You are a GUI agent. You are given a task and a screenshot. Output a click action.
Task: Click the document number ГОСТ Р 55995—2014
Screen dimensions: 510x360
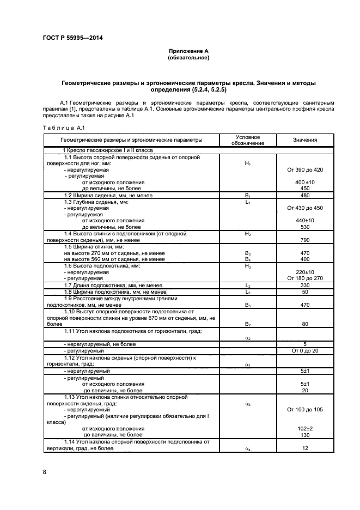(72, 38)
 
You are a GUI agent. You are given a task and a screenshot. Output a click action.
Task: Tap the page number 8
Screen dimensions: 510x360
(44, 471)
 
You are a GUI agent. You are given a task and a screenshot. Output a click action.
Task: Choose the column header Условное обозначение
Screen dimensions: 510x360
(247, 140)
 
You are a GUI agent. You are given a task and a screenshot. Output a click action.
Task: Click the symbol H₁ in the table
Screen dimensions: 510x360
(247, 163)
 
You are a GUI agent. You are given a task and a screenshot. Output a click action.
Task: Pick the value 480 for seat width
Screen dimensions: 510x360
(304, 195)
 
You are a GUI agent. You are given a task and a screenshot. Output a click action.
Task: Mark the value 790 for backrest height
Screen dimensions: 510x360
(304, 240)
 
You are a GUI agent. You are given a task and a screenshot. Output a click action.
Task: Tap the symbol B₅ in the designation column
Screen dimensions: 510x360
(247, 305)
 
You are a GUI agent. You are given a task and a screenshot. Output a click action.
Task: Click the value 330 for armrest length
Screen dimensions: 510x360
(304, 286)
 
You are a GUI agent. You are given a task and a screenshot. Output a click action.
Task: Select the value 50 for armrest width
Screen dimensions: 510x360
(304, 292)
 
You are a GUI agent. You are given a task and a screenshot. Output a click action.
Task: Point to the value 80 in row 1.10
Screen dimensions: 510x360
(304, 324)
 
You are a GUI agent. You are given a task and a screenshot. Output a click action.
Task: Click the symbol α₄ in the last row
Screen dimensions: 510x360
(247, 448)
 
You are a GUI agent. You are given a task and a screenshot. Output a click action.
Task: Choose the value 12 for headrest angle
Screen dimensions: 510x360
(304, 448)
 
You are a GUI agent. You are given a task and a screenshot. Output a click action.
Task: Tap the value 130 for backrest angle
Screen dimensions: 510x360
(304, 435)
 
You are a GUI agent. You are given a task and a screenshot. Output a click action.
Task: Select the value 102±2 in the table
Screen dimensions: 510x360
(304, 428)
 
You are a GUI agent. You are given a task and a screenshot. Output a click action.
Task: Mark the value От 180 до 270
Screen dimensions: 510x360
(304, 278)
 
